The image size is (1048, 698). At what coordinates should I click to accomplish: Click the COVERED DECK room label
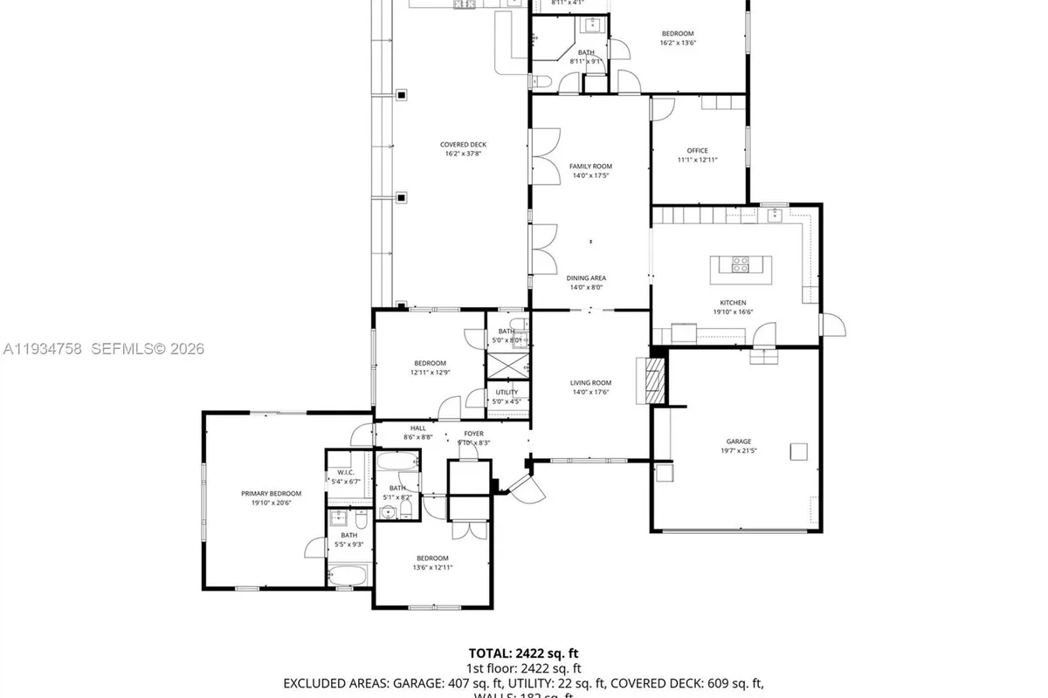tap(464, 145)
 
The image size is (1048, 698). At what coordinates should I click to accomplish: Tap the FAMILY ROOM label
tap(590, 166)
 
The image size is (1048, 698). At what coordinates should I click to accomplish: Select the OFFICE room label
tap(697, 151)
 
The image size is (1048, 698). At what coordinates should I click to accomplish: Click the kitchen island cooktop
tap(740, 263)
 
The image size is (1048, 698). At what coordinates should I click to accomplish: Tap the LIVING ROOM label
tap(590, 383)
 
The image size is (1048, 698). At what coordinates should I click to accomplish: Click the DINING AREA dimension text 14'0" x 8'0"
tap(586, 287)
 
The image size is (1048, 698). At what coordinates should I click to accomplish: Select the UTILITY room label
tap(507, 393)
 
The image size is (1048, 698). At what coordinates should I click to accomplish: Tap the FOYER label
tap(473, 434)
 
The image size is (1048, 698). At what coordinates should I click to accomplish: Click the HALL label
tap(418, 428)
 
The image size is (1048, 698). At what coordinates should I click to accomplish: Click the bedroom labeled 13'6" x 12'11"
tap(431, 558)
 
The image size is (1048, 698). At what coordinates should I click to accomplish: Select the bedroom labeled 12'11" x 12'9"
tap(430, 363)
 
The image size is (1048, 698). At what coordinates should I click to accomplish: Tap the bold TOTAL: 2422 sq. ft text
tap(523, 653)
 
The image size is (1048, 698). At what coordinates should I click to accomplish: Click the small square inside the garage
tap(798, 450)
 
